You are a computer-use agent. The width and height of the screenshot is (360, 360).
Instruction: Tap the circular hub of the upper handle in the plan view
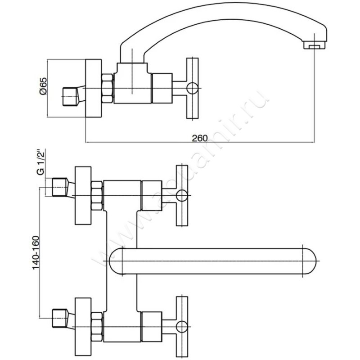[x=181, y=196]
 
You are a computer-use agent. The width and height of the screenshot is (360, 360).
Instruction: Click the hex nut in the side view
[x=108, y=88]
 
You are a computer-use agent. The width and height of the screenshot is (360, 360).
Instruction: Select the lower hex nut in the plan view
[x=97, y=326]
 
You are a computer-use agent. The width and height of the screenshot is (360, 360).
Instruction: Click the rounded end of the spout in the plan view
[x=310, y=261]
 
